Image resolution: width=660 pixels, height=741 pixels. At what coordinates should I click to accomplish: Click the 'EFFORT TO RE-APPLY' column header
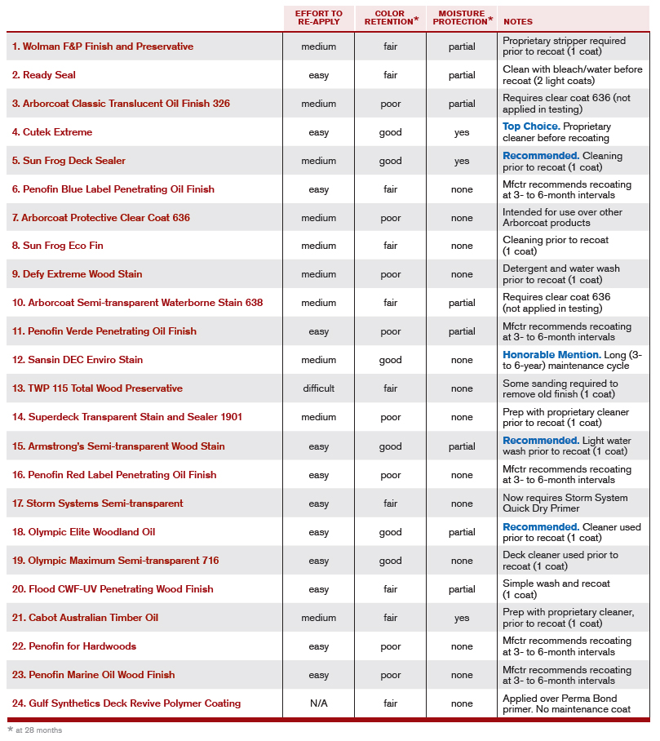tap(319, 18)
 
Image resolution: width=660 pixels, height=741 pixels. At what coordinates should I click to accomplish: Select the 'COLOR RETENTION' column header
tap(390, 18)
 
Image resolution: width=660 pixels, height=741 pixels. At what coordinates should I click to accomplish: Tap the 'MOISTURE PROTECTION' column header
tap(462, 18)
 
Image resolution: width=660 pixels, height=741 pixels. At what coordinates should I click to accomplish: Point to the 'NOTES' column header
tap(518, 21)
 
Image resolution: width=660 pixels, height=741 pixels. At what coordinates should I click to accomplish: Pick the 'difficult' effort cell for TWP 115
tap(319, 388)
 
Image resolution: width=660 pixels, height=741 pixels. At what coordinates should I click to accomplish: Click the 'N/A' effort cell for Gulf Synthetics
tap(319, 703)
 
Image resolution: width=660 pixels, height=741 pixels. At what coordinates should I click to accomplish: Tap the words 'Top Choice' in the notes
tap(529, 126)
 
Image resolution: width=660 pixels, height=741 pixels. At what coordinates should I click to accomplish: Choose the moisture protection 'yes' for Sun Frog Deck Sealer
tap(462, 161)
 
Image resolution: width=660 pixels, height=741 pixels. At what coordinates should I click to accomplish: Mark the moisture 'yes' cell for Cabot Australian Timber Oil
tap(462, 618)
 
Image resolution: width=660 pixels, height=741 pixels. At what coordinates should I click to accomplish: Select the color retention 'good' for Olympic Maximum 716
tap(390, 561)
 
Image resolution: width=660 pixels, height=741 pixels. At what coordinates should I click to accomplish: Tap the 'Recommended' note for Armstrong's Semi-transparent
tap(540, 441)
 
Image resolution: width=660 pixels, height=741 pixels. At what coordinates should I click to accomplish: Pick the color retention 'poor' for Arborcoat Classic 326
tap(390, 104)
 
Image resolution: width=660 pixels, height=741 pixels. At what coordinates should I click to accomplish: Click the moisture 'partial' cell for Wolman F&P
tap(462, 47)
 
